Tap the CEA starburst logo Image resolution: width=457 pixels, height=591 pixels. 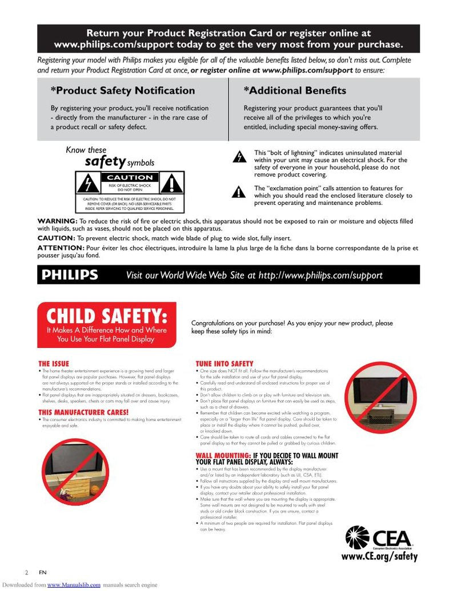point(358,537)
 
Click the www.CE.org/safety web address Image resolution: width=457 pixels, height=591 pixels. point(379,556)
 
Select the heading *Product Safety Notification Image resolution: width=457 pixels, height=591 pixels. point(123,91)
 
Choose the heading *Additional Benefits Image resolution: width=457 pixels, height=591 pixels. point(295,91)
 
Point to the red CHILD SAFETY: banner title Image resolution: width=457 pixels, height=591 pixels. point(107,315)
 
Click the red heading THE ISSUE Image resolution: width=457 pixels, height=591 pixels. point(54,363)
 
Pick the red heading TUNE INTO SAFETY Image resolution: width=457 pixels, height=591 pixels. point(225,363)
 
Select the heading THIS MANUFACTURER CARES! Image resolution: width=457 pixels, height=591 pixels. point(83,412)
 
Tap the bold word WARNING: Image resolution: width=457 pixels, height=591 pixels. point(57,221)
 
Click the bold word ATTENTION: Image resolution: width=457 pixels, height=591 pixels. point(61,248)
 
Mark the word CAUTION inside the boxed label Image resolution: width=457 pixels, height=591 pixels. point(130,178)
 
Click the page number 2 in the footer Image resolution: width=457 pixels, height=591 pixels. point(26,572)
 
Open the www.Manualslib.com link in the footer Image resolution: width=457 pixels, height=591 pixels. point(74,585)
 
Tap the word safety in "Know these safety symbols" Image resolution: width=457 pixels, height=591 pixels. point(105,161)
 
